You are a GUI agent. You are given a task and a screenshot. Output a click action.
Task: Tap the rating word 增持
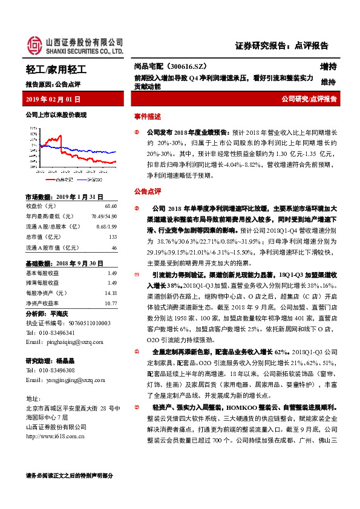pyautogui.click(x=328, y=66)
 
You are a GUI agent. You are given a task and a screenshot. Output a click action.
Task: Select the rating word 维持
pyautogui.click(x=328, y=82)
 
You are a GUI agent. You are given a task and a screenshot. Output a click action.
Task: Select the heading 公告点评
pyautogui.click(x=147, y=191)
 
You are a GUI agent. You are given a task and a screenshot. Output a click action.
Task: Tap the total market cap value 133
pyautogui.click(x=113, y=237)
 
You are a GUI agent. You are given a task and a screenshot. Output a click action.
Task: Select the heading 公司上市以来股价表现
pyautogui.click(x=56, y=115)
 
